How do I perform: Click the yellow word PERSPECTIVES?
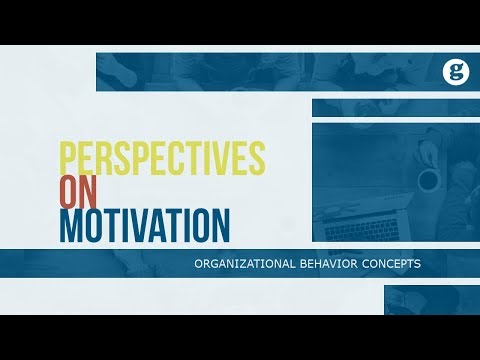[x=161, y=158]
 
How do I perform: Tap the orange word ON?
[x=81, y=192]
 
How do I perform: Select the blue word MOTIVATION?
[x=143, y=224]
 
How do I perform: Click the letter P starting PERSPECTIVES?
[x=69, y=158]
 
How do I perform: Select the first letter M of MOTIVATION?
[x=72, y=224]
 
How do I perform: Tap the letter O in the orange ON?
[x=70, y=192]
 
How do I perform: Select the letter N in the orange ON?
[x=92, y=192]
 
